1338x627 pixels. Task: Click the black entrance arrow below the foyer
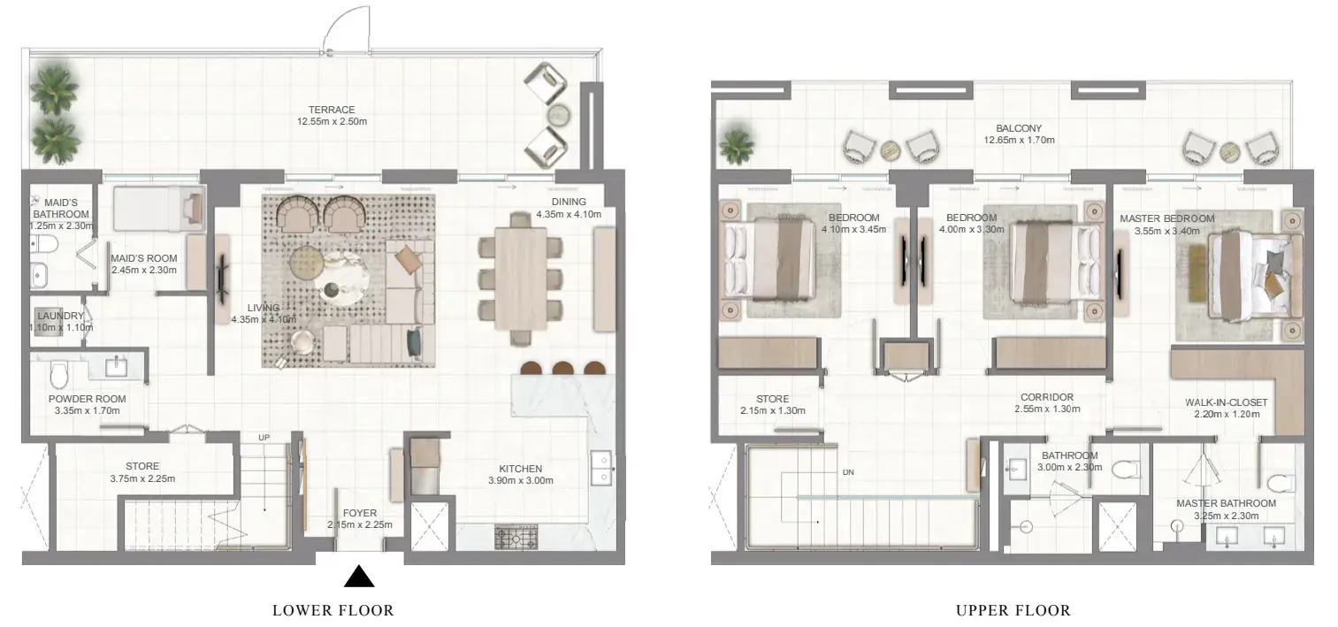[x=360, y=577]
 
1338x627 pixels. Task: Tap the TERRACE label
[x=332, y=110]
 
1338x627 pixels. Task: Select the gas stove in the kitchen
[x=516, y=537]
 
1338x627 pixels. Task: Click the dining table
[x=521, y=279]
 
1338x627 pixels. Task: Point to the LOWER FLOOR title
[x=333, y=610]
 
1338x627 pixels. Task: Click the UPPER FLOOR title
[x=1013, y=610]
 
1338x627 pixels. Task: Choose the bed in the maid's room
[x=159, y=209]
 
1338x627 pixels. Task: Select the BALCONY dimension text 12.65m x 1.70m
[x=1019, y=141]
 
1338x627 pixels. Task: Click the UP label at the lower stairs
[x=264, y=438]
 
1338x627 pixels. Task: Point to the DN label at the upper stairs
[x=848, y=472]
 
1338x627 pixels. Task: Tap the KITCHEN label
[x=521, y=470]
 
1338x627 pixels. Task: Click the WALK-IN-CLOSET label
[x=1227, y=403]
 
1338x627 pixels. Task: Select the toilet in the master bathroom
[x=1280, y=482]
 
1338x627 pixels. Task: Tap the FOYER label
[x=360, y=513]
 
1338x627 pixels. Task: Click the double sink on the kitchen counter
[x=600, y=468]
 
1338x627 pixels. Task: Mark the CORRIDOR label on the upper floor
[x=1047, y=398]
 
